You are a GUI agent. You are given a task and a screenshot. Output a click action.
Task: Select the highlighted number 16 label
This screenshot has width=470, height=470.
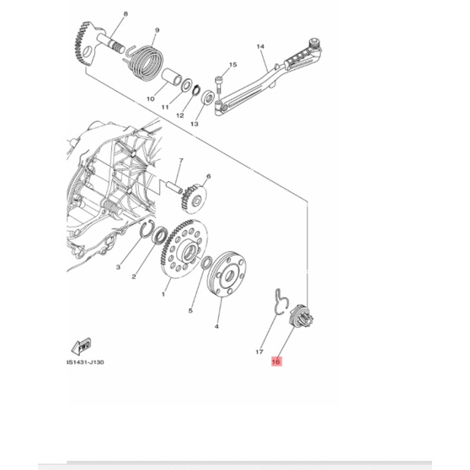tap(274, 361)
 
